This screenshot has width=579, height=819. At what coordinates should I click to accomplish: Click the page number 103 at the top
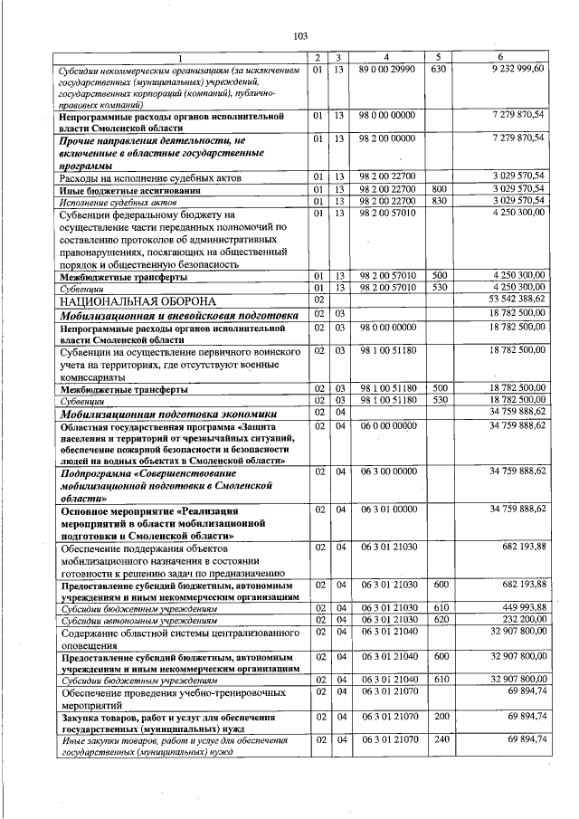(300, 36)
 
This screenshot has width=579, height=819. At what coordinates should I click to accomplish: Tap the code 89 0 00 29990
(386, 69)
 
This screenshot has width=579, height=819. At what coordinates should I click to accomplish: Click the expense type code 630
(439, 69)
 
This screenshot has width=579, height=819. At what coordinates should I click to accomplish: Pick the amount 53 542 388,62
(517, 298)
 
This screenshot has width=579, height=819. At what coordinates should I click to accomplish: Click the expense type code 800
(439, 188)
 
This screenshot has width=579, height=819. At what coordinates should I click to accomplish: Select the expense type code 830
(439, 200)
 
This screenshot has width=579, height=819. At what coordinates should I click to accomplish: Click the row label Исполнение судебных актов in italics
(115, 200)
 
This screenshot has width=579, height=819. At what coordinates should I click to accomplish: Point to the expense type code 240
(439, 739)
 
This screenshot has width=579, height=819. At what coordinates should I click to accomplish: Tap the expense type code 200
(439, 716)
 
